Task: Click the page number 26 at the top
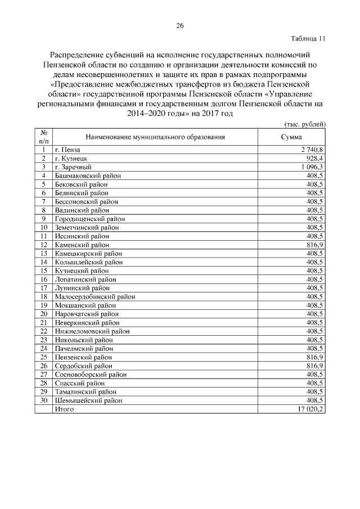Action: pyautogui.click(x=180, y=25)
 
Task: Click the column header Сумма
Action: pyautogui.click(x=291, y=137)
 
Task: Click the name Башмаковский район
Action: pyautogui.click(x=88, y=175)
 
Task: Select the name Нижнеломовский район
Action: pyautogui.click(x=92, y=331)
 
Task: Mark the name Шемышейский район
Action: pyautogui.click(x=88, y=400)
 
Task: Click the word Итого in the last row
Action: pyautogui.click(x=64, y=409)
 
